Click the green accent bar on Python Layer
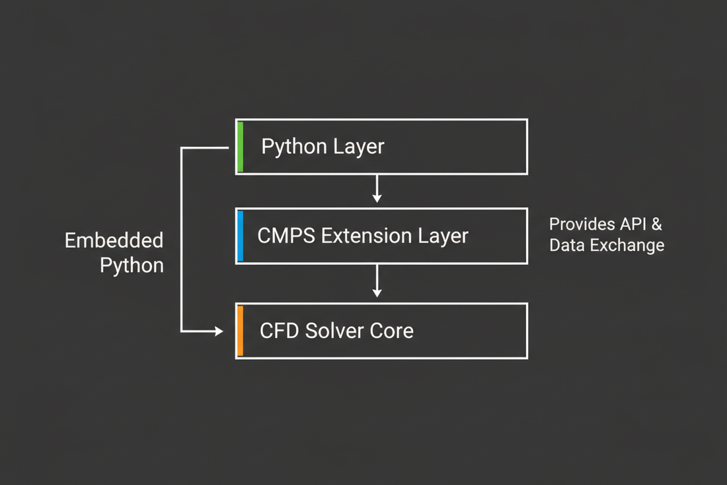click(x=241, y=147)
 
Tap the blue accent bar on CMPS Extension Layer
click(x=241, y=236)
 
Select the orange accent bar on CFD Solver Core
click(x=241, y=331)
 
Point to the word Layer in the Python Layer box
click(x=360, y=147)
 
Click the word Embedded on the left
click(x=114, y=240)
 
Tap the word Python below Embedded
click(x=132, y=266)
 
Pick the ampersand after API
click(x=656, y=224)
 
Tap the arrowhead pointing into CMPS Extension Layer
click(x=377, y=198)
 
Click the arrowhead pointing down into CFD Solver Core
click(x=377, y=292)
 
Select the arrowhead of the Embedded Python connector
click(x=219, y=331)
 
